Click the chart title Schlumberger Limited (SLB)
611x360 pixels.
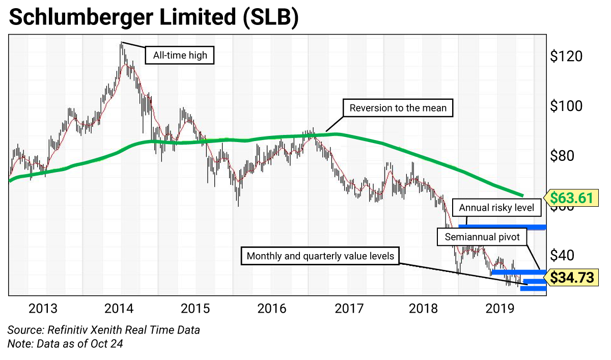tap(153, 18)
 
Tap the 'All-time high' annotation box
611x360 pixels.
tap(177, 54)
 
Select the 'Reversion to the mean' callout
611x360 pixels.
tap(398, 108)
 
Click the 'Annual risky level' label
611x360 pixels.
tap(496, 208)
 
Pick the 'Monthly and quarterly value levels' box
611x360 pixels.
tap(320, 256)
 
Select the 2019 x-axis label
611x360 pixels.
tap(500, 308)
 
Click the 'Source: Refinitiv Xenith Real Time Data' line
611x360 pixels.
tap(104, 330)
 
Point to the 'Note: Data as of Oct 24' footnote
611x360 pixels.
tap(65, 344)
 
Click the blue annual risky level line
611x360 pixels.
tap(502, 227)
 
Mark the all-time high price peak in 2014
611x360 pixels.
tap(122, 44)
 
